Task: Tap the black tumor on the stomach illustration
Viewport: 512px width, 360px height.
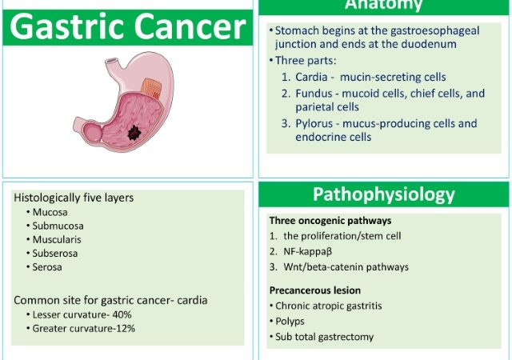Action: [x=134, y=133]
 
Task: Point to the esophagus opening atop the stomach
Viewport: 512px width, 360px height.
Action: [x=112, y=61]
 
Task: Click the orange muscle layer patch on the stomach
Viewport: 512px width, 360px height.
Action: [x=151, y=88]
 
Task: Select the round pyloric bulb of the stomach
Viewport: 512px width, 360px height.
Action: [x=93, y=132]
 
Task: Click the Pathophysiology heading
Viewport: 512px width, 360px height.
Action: [x=384, y=194]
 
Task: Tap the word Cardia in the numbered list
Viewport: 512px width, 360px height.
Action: [x=311, y=77]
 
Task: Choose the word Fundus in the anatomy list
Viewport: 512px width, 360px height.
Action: [x=314, y=94]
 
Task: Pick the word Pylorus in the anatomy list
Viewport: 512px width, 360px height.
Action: [x=316, y=123]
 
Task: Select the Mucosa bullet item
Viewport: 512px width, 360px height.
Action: [x=50, y=212]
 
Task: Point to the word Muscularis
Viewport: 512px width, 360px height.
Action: [x=57, y=240]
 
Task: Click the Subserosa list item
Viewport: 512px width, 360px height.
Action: [x=55, y=254]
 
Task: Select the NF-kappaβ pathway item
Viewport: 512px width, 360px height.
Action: [x=307, y=251]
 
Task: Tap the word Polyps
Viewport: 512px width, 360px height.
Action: [x=290, y=322]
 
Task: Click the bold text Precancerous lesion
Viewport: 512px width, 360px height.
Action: [x=315, y=290]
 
